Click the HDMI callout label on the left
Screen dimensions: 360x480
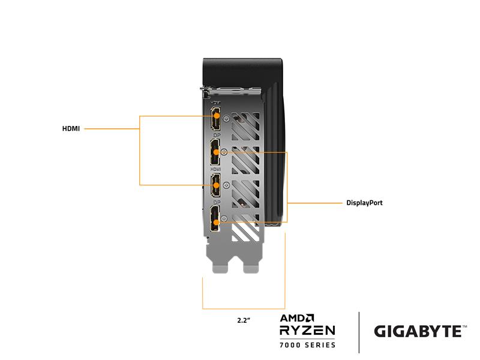click(71, 128)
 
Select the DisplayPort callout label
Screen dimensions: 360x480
click(364, 203)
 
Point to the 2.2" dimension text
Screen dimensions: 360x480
click(244, 320)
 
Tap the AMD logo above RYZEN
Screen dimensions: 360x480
click(298, 318)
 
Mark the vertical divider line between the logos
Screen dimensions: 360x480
click(359, 332)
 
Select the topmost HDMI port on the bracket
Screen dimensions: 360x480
click(215, 117)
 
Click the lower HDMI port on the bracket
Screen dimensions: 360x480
click(215, 185)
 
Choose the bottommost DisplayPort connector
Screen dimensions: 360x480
click(215, 218)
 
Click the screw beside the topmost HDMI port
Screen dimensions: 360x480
click(226, 118)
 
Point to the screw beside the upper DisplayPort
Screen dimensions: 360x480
click(224, 152)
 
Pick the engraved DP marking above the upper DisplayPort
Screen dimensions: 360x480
click(215, 136)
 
